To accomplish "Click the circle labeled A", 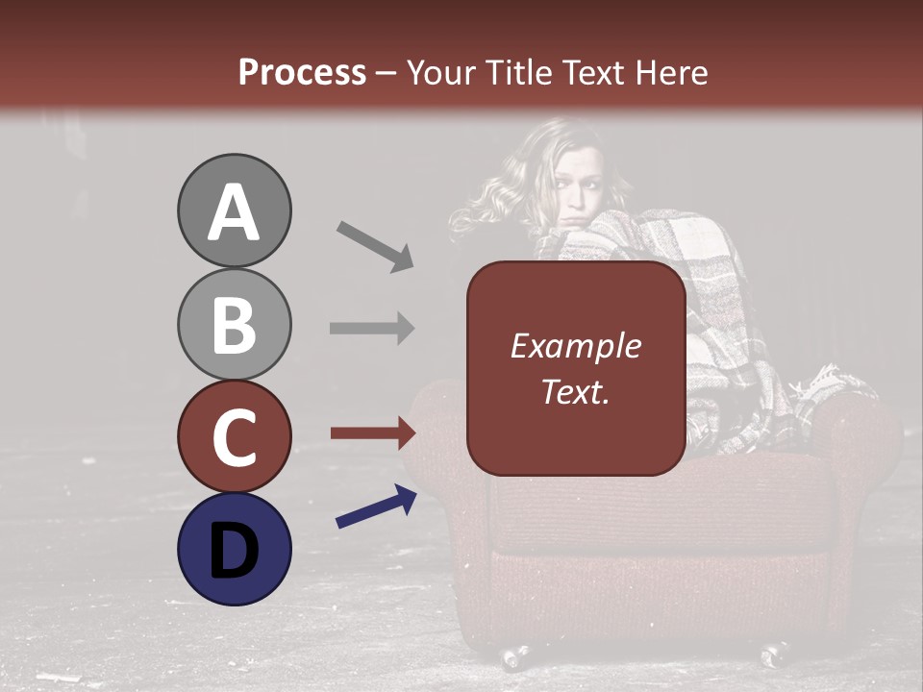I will point(234,211).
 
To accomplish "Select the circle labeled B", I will point(234,325).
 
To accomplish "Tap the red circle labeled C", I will point(234,437).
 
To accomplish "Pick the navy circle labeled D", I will point(234,549).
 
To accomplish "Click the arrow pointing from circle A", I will point(375,246).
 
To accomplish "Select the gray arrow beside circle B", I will point(372,329).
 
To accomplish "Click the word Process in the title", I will point(302,72).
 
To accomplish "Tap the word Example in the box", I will point(575,346).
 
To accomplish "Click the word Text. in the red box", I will point(575,392).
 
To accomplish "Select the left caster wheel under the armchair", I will point(513,657).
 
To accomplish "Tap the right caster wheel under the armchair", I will point(775,655).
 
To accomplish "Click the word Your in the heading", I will point(440,72).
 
